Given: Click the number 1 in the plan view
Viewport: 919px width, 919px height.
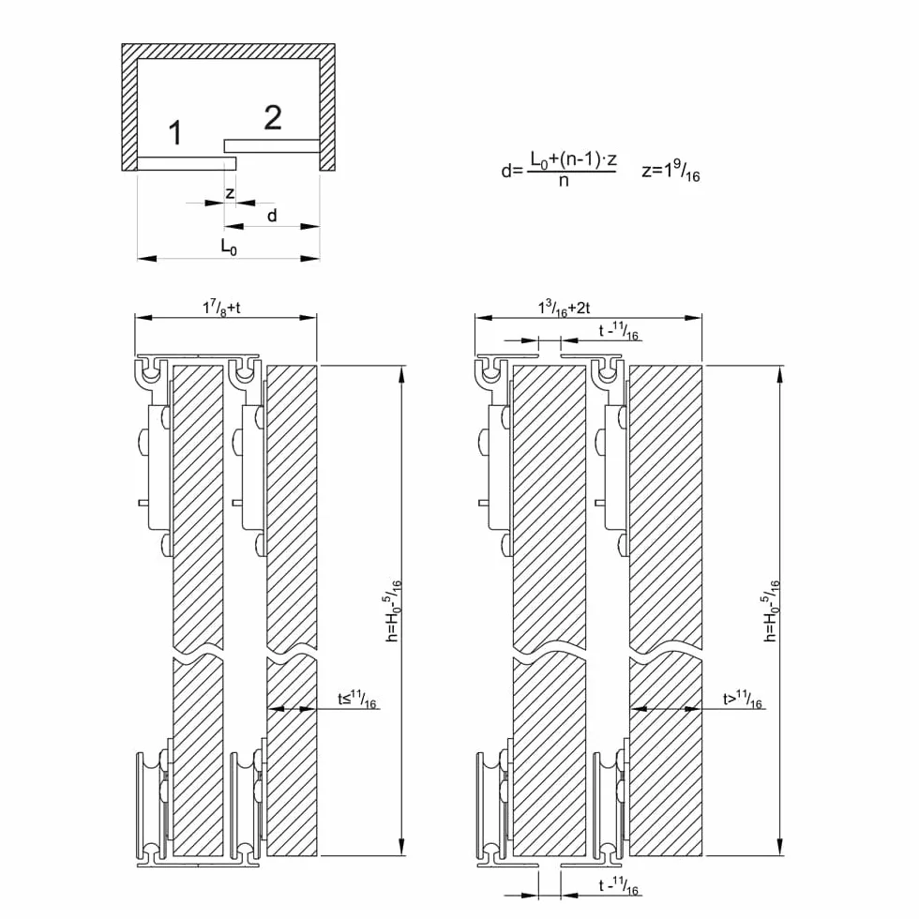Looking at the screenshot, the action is (x=175, y=133).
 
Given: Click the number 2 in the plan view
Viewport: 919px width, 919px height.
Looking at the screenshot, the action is (x=273, y=118).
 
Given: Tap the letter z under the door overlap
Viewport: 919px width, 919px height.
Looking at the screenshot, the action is (x=230, y=193).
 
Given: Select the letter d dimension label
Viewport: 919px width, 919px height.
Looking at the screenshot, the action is (x=272, y=216).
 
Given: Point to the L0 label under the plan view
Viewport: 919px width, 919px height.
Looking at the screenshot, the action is (x=229, y=247).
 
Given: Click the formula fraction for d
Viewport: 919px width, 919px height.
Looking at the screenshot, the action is (x=573, y=169).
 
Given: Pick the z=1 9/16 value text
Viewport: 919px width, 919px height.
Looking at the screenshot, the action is (x=670, y=171).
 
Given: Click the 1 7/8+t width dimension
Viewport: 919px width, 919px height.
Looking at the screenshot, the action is (x=221, y=308).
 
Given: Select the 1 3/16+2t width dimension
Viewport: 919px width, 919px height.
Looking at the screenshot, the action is (x=564, y=308).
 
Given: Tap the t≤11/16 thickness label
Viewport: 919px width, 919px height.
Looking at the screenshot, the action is (x=357, y=700).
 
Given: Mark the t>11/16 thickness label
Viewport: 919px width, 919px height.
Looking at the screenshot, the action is (x=743, y=700).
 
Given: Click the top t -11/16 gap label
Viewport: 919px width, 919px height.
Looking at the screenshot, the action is (x=618, y=331).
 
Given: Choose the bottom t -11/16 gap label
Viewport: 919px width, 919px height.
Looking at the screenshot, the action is (x=618, y=885).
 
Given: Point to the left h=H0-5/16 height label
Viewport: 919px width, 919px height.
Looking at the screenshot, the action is (x=394, y=610).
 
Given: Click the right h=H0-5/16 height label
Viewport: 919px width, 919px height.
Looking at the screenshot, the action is (x=773, y=610).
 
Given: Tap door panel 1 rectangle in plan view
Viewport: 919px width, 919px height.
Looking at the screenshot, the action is (x=187, y=163).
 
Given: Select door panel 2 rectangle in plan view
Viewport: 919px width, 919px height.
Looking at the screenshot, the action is (x=272, y=145).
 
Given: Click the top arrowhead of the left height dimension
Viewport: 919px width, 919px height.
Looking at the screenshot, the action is (x=401, y=375).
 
